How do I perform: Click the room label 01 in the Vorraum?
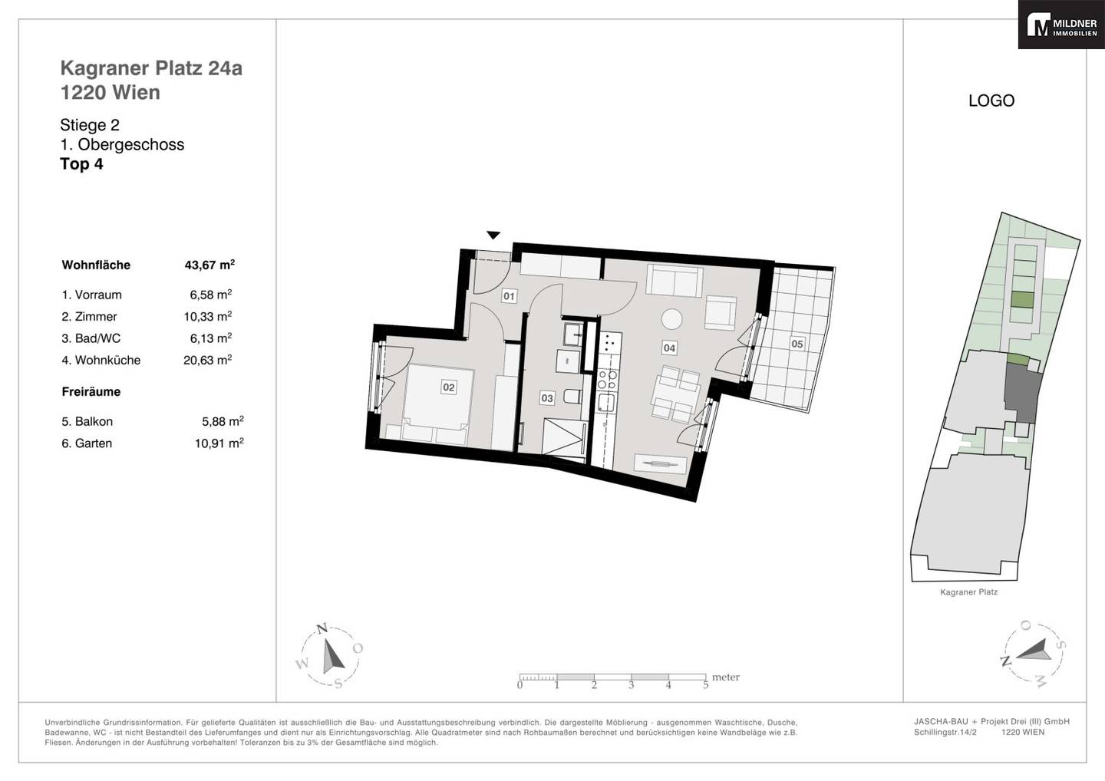coord(509,296)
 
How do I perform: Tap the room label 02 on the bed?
coord(448,387)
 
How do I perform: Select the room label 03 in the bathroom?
coord(547,398)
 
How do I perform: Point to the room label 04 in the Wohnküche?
coord(669,348)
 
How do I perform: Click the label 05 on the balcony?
coord(797,344)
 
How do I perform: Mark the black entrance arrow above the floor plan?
coord(493,236)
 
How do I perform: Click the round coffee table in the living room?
coord(672,319)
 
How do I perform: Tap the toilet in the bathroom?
coord(571,397)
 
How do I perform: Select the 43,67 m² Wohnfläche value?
coord(209,264)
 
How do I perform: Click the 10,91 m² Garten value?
coord(219,443)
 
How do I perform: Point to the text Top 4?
coord(81,163)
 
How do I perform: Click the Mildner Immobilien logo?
coord(1061,25)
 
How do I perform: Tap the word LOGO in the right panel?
coord(991,101)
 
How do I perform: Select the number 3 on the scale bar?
coord(631,685)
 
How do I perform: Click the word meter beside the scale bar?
coord(726,677)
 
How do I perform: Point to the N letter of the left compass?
coord(322,628)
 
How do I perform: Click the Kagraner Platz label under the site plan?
coord(969,592)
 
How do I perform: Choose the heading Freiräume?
coord(91,391)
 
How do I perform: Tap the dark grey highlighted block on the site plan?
coord(1022,393)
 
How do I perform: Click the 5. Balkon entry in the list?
coord(87,421)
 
